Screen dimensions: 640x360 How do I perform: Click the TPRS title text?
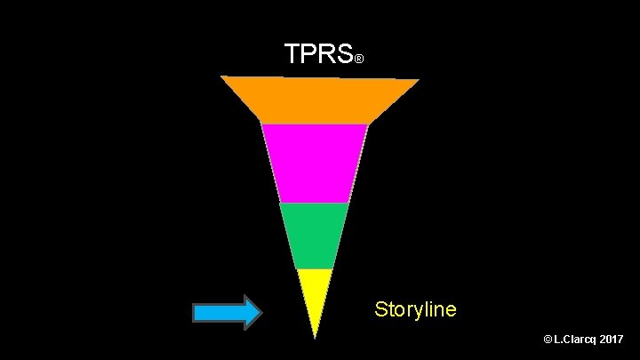pyautogui.click(x=318, y=55)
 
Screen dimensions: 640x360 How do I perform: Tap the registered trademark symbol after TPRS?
pyautogui.click(x=359, y=60)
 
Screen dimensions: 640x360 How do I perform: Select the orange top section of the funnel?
pyautogui.click(x=318, y=100)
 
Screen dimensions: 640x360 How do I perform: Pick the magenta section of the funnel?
pyautogui.click(x=315, y=163)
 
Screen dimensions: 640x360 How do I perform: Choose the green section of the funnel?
pyautogui.click(x=314, y=235)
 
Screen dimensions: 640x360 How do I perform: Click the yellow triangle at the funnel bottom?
pyautogui.click(x=315, y=292)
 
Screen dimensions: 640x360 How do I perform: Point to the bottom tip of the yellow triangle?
pyautogui.click(x=315, y=337)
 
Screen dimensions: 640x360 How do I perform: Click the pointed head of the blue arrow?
pyautogui.click(x=252, y=312)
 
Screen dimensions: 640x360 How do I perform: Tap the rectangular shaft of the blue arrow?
pyautogui.click(x=218, y=312)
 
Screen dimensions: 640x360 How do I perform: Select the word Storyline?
pyautogui.click(x=415, y=309)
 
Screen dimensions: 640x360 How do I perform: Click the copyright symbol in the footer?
pyautogui.click(x=546, y=340)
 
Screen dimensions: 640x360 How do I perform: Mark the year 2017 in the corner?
pyautogui.click(x=613, y=340)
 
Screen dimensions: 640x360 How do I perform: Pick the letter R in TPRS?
pyautogui.click(x=326, y=55)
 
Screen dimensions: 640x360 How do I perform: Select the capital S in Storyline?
pyautogui.click(x=380, y=309)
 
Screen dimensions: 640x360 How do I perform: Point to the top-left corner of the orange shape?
pyautogui.click(x=222, y=77)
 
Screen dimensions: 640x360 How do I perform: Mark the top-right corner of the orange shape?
pyautogui.click(x=418, y=80)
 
